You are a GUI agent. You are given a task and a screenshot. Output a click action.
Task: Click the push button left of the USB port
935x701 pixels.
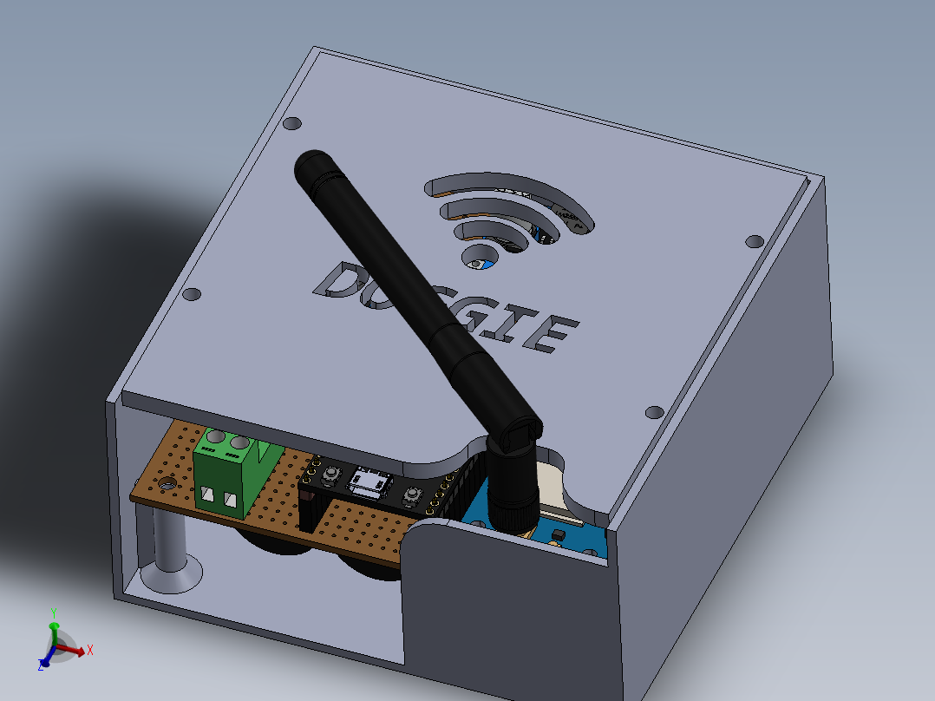(330, 475)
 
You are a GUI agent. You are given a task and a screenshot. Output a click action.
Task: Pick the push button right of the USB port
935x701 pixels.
(411, 495)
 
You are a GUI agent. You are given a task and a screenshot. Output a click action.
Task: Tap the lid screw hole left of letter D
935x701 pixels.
(193, 295)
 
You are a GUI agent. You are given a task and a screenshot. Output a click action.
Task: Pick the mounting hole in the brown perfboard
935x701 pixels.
(165, 484)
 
